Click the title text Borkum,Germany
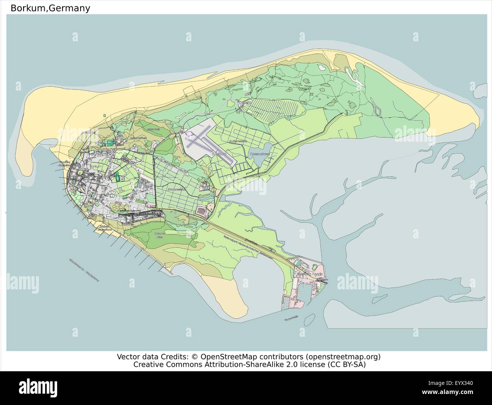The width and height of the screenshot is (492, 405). point(50,8)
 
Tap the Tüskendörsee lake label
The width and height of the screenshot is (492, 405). point(259,155)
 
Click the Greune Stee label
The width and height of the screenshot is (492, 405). point(159,235)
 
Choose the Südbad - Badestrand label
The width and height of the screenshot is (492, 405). point(101,228)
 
